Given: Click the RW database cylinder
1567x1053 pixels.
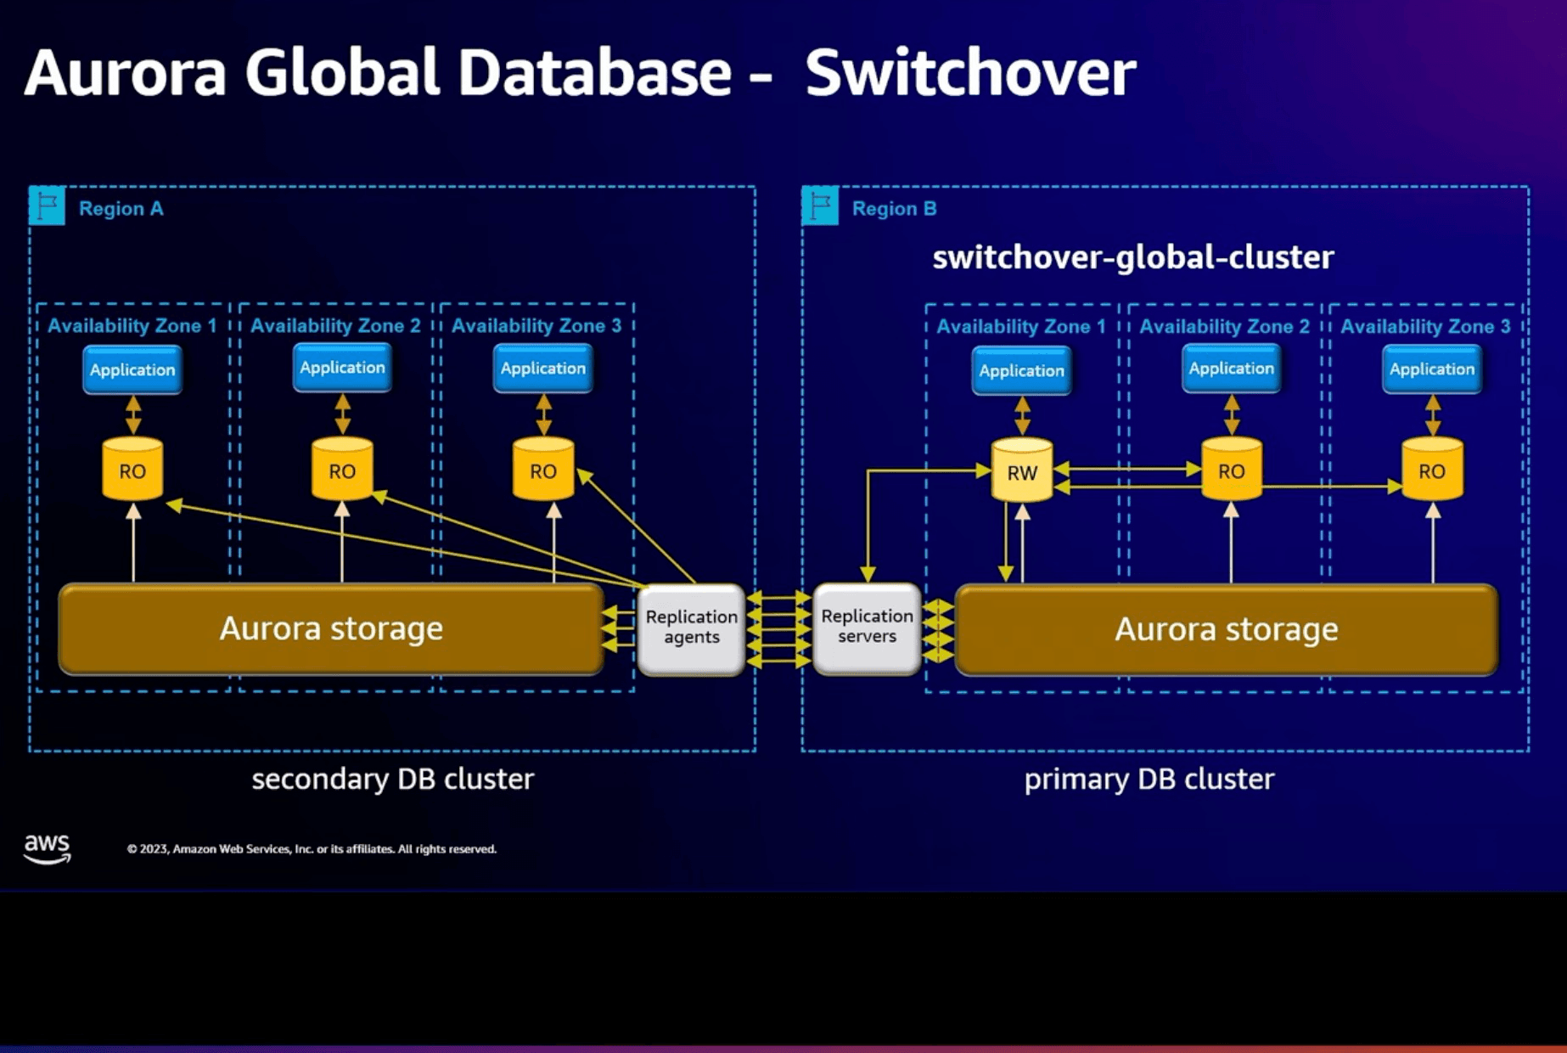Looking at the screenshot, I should click(x=1022, y=470).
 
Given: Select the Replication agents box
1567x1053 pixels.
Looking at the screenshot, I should click(x=691, y=628).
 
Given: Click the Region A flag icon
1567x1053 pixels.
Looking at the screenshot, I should click(x=48, y=206).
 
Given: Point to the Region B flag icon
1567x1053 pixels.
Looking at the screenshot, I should click(x=821, y=206).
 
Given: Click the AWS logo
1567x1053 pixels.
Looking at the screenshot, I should click(x=47, y=847).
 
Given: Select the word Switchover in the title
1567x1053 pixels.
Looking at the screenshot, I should click(x=969, y=73).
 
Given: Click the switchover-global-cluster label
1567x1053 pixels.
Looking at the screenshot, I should click(x=1132, y=257).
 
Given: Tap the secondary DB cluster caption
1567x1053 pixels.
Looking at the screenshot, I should click(x=392, y=779).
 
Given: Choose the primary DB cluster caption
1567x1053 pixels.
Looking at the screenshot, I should click(x=1149, y=779).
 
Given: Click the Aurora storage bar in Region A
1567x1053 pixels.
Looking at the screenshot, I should click(x=331, y=628).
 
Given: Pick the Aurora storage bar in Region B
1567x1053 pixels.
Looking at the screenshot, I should click(x=1226, y=629).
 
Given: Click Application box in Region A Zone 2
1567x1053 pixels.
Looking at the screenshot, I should click(x=342, y=368).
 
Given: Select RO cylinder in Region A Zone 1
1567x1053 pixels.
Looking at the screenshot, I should click(x=132, y=470).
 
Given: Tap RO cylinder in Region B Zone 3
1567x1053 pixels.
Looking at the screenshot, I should click(x=1432, y=470).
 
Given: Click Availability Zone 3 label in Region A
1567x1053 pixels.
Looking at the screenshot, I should click(x=536, y=326).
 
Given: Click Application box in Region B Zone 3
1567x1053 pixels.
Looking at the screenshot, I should click(x=1432, y=369).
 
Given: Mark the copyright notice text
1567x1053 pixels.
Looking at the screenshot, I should click(x=312, y=849).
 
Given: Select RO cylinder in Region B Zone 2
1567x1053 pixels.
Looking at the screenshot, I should click(x=1231, y=470).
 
